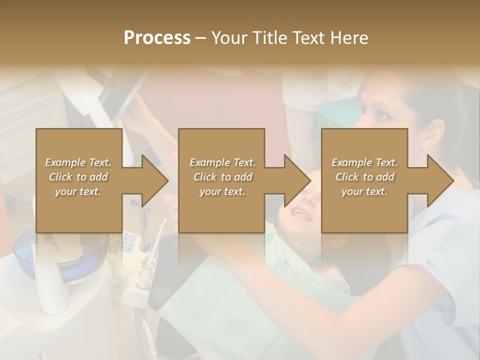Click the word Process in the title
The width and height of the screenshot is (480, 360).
(x=157, y=38)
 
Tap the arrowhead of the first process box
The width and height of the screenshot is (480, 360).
(x=155, y=180)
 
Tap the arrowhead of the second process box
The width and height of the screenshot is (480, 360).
(x=297, y=180)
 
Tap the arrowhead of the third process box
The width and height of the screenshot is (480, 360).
(x=440, y=180)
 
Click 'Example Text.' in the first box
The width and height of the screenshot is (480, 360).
(x=78, y=162)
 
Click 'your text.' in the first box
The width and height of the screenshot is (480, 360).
(x=78, y=191)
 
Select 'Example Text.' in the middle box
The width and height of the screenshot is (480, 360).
(x=222, y=162)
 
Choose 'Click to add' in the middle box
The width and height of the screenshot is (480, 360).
(x=222, y=177)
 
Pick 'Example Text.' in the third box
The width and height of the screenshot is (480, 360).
(x=364, y=162)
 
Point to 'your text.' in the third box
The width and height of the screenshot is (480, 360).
(x=364, y=191)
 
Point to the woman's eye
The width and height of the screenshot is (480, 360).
(x=381, y=116)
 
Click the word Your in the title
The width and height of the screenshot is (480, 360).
(x=230, y=38)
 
